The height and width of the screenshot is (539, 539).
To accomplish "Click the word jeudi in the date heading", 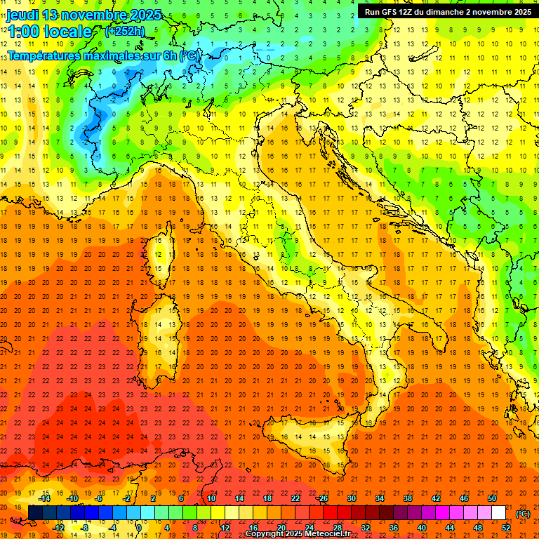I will (22, 15).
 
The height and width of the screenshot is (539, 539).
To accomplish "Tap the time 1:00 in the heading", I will (23, 32).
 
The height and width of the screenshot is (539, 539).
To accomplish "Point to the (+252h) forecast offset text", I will (126, 31).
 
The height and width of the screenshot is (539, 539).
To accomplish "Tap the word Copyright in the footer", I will (266, 534).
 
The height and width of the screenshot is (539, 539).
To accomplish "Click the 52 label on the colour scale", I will (506, 528).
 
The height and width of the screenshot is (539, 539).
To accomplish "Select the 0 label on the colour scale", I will (139, 528).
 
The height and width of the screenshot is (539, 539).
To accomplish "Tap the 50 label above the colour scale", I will (491, 498).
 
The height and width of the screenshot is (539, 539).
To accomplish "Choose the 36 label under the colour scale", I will (394, 528).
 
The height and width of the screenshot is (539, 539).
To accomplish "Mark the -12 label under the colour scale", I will (58, 528).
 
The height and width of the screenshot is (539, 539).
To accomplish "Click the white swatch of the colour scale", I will (499, 513).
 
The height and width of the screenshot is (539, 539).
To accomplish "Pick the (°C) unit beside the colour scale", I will (523, 514).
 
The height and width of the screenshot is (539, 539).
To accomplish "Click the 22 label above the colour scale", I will (295, 498).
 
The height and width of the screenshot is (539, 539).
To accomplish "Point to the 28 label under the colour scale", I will (338, 528).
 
